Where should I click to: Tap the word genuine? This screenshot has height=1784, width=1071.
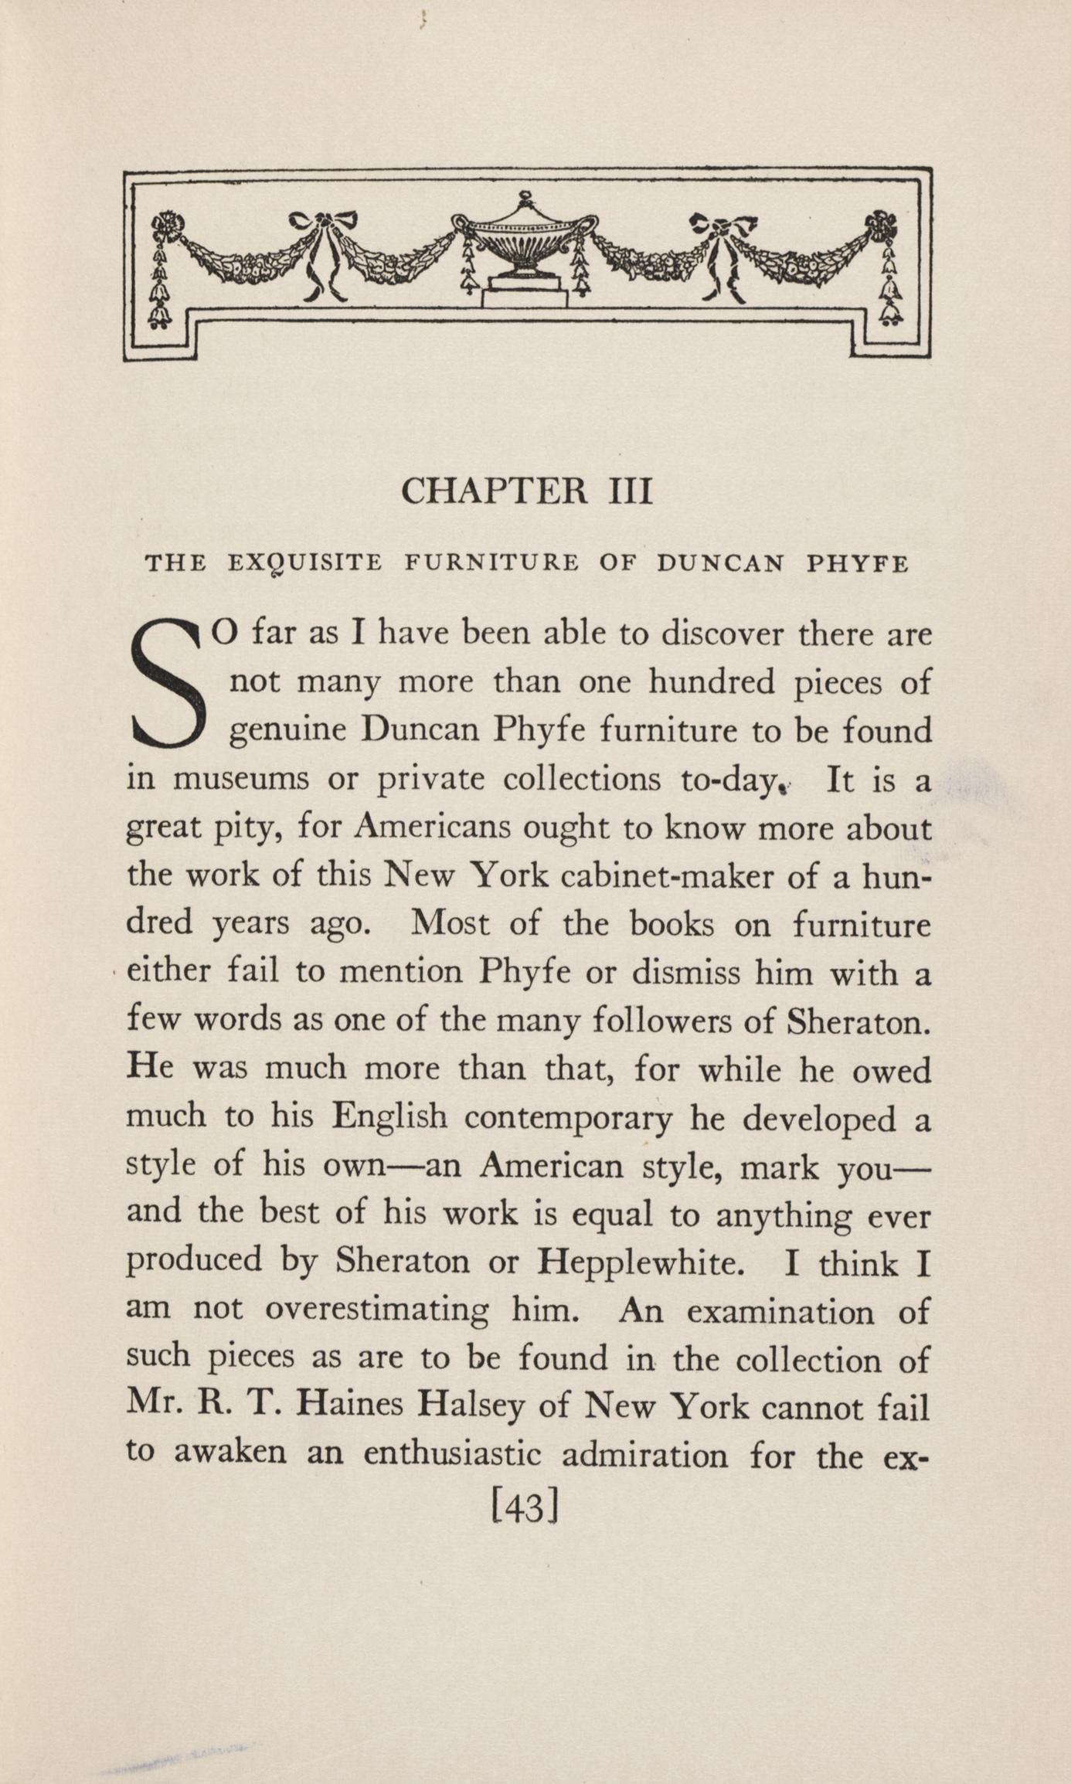coord(288,732)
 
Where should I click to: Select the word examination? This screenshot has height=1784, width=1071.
coord(780,1311)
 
